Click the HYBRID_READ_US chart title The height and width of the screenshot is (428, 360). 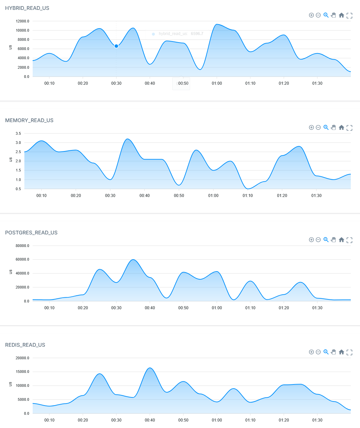[x=27, y=8]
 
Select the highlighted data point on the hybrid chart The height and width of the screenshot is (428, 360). [x=116, y=46]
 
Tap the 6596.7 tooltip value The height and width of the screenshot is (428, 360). [x=197, y=34]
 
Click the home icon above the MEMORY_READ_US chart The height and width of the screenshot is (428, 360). [x=341, y=128]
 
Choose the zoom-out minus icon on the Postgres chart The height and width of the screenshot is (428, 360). [x=318, y=240]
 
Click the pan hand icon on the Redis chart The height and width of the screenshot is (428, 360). [x=333, y=352]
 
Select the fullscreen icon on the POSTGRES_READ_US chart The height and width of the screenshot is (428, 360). [x=349, y=240]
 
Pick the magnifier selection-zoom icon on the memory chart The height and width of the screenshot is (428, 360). [x=326, y=128]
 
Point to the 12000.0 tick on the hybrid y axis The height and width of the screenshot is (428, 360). [x=22, y=21]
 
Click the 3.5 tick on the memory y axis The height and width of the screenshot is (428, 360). [x=18, y=133]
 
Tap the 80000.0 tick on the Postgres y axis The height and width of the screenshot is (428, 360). [x=22, y=246]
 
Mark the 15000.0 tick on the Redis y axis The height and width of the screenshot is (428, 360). [x=22, y=372]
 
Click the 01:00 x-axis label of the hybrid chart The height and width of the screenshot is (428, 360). [x=217, y=83]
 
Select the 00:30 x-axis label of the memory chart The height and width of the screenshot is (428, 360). [x=110, y=196]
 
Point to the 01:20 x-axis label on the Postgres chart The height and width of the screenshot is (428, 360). [x=284, y=308]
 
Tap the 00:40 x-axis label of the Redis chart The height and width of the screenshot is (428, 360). [x=150, y=420]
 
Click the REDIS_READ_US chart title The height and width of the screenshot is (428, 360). [x=25, y=345]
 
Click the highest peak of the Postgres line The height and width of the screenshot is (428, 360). [x=133, y=260]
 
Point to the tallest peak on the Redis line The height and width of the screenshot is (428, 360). [x=150, y=368]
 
